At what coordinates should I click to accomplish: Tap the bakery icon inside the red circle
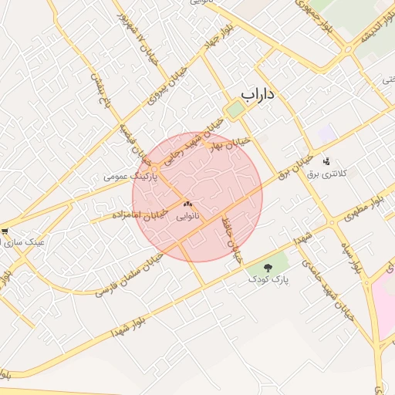(x=187, y=204)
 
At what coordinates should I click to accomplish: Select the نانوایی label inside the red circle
(x=187, y=217)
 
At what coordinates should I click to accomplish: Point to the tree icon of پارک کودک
(x=268, y=268)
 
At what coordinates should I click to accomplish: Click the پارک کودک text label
(x=268, y=281)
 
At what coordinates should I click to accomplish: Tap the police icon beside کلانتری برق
(x=327, y=161)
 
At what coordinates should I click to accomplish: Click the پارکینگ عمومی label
(x=130, y=177)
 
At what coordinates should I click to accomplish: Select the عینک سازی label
(x=25, y=241)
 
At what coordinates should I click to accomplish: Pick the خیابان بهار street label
(x=232, y=143)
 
